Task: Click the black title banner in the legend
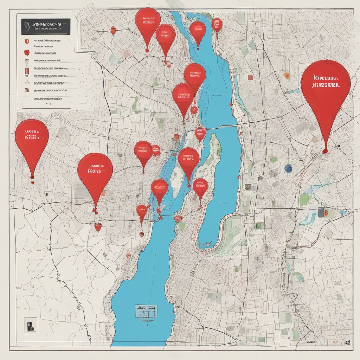[x=46, y=26]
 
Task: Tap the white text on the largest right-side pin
[x=325, y=82]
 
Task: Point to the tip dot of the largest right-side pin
[x=325, y=151]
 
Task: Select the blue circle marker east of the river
[x=288, y=169]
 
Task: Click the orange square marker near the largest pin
[x=287, y=75]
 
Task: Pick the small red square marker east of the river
[x=250, y=77]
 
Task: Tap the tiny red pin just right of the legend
[x=113, y=31]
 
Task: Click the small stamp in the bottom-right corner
[x=347, y=342]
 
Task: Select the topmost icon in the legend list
[x=27, y=41]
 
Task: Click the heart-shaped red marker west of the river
[x=98, y=227]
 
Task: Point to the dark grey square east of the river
[x=248, y=187]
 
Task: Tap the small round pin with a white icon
[x=217, y=24]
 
